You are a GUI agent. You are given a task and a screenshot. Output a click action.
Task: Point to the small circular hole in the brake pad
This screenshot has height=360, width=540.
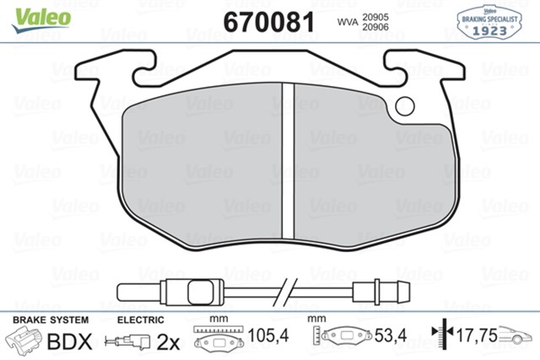(404, 106)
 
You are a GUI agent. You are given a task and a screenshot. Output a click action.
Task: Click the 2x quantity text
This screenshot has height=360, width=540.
(168, 341)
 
